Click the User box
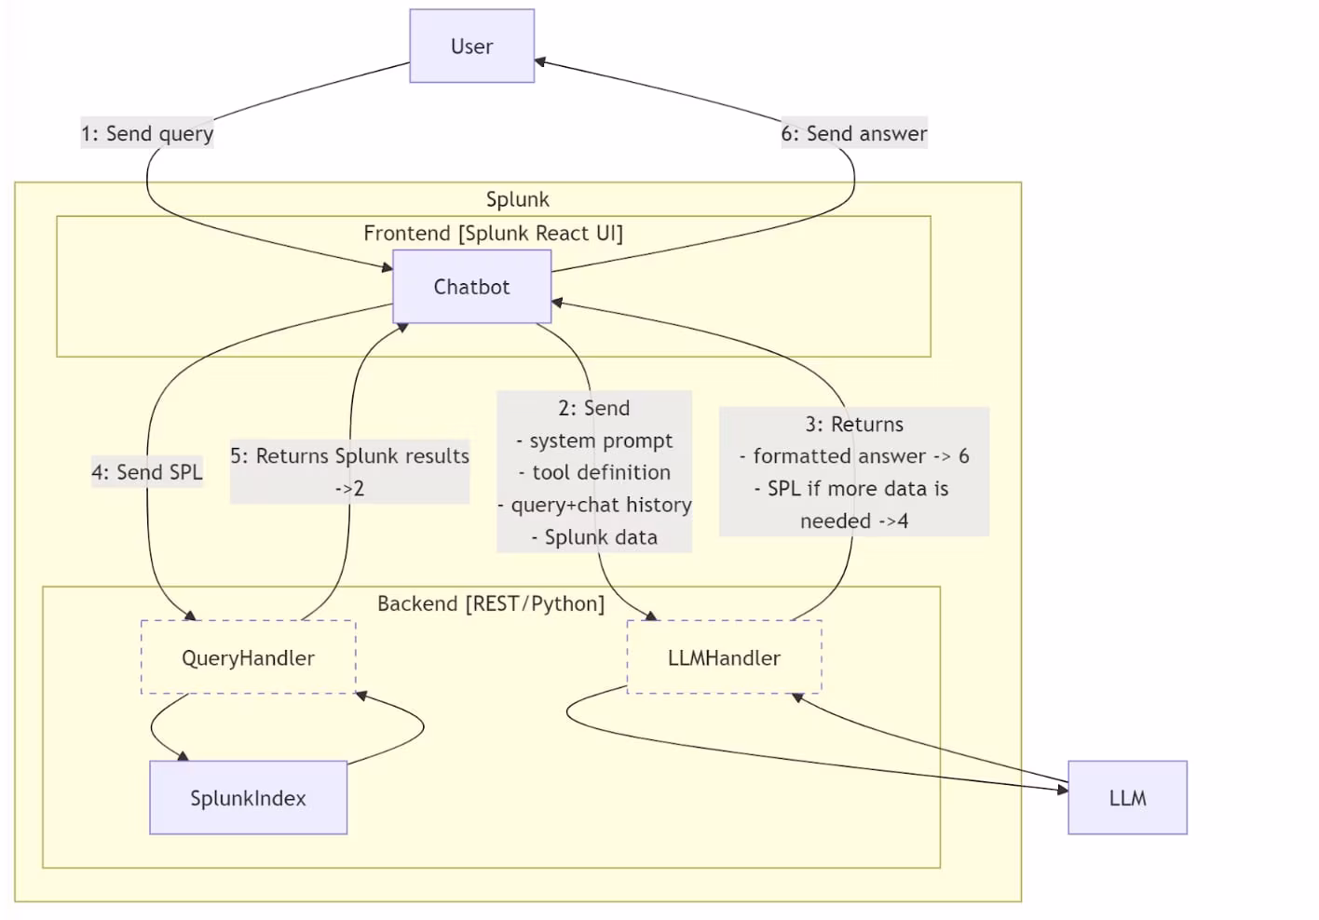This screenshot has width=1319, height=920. tap(471, 47)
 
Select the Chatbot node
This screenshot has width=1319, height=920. tap(471, 287)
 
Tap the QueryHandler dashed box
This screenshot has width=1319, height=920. tap(248, 657)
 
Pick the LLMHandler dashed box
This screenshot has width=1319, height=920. tap(724, 657)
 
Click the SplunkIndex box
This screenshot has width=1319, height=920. tap(248, 798)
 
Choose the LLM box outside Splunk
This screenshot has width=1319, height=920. tap(1127, 798)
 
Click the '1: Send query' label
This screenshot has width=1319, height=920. tap(147, 133)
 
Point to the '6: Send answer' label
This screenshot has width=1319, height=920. tap(853, 133)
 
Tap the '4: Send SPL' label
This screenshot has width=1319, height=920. tap(147, 472)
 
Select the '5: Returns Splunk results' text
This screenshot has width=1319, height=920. tap(349, 456)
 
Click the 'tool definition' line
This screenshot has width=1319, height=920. tap(594, 472)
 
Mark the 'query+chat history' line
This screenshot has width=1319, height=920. tap(594, 505)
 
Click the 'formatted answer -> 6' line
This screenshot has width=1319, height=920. tap(853, 456)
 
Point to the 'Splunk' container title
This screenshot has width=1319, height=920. tap(517, 199)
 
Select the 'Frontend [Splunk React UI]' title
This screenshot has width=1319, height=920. tap(493, 233)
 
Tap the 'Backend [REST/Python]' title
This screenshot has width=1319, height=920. tap(491, 603)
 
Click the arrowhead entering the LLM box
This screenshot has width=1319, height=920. tap(1063, 790)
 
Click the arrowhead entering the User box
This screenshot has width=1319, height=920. tap(539, 62)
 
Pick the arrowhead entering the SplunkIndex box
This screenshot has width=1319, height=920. tap(184, 756)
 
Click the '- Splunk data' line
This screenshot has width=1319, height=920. tap(594, 537)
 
